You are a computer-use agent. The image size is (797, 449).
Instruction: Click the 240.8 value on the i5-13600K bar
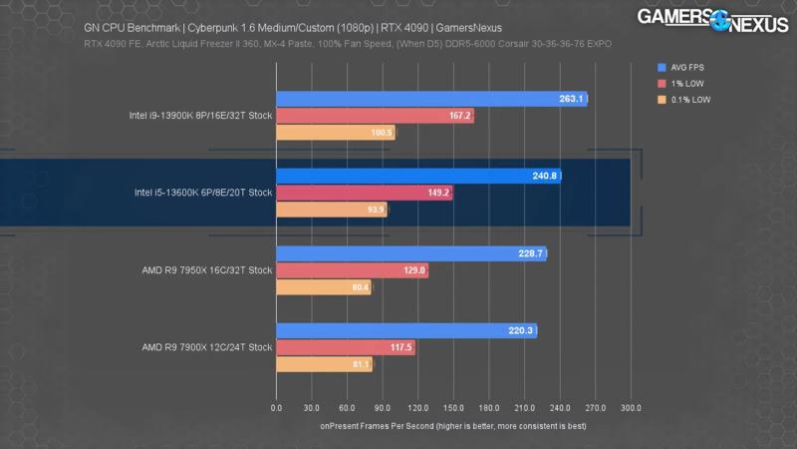(x=545, y=177)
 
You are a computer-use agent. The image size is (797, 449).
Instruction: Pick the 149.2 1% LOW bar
(x=364, y=194)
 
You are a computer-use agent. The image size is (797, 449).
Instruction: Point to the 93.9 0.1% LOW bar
(x=331, y=211)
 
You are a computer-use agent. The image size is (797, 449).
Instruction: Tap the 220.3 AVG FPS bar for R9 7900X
(x=405, y=330)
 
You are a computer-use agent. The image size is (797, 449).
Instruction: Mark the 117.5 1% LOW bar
(x=345, y=347)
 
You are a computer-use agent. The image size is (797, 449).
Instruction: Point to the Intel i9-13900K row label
(x=200, y=116)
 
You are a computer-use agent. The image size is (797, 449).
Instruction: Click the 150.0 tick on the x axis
(x=453, y=408)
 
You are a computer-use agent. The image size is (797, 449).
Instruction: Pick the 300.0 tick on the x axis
(x=631, y=408)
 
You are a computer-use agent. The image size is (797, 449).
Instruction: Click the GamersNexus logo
(x=711, y=21)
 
